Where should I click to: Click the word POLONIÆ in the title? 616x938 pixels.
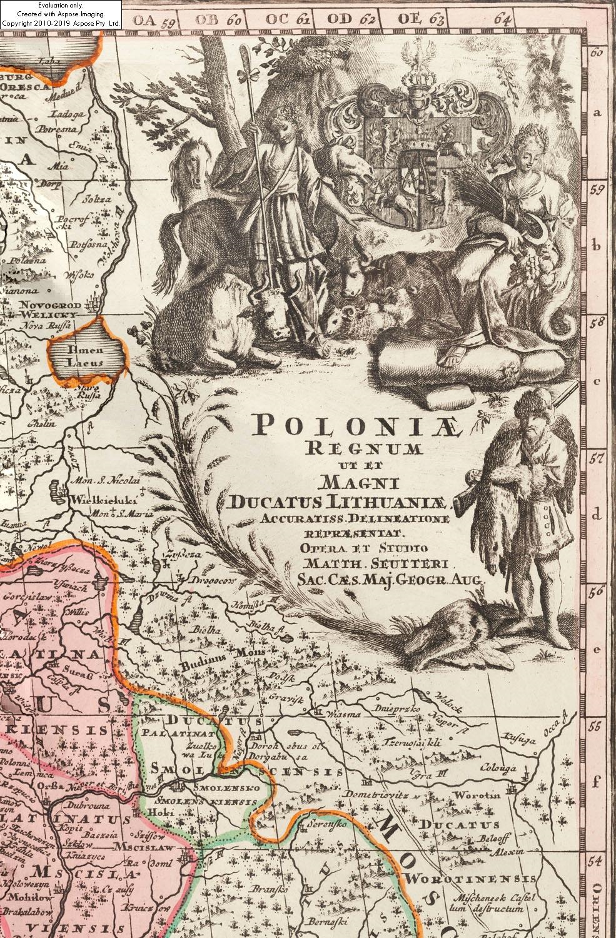[358, 426]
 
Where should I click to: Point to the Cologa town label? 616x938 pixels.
[498, 769]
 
